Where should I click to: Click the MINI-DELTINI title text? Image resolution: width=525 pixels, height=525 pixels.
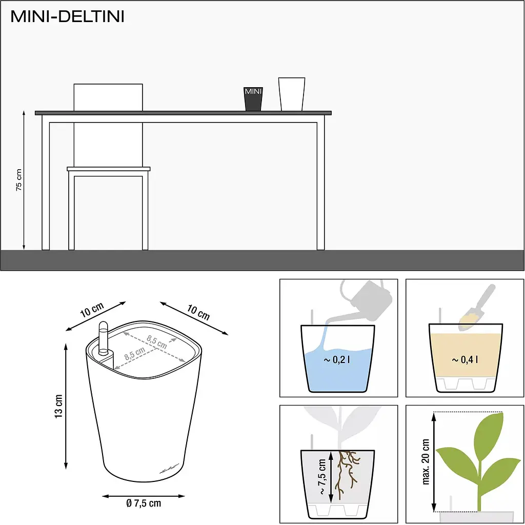[67, 16]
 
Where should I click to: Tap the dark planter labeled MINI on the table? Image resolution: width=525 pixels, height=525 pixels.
[253, 99]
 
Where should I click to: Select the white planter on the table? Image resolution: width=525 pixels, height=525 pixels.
[292, 94]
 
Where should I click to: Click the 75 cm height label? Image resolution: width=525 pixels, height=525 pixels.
[19, 180]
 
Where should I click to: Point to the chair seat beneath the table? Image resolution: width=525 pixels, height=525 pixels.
[109, 169]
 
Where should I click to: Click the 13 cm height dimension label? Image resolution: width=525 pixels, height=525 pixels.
[58, 406]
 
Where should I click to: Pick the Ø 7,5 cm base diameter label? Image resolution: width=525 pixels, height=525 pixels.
[144, 503]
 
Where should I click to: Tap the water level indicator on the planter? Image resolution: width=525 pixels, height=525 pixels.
[104, 338]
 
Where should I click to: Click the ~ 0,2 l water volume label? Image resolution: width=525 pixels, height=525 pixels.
[337, 359]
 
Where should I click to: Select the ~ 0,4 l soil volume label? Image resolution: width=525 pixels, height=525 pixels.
[465, 359]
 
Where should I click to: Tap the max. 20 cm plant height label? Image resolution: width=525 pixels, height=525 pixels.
[426, 462]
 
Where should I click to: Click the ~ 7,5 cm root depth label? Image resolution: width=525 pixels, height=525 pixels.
[322, 477]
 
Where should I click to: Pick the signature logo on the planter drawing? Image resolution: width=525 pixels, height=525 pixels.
[169, 469]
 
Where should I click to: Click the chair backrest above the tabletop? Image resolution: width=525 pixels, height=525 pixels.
[108, 97]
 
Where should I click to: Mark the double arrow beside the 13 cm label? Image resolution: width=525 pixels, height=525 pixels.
[66, 406]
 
